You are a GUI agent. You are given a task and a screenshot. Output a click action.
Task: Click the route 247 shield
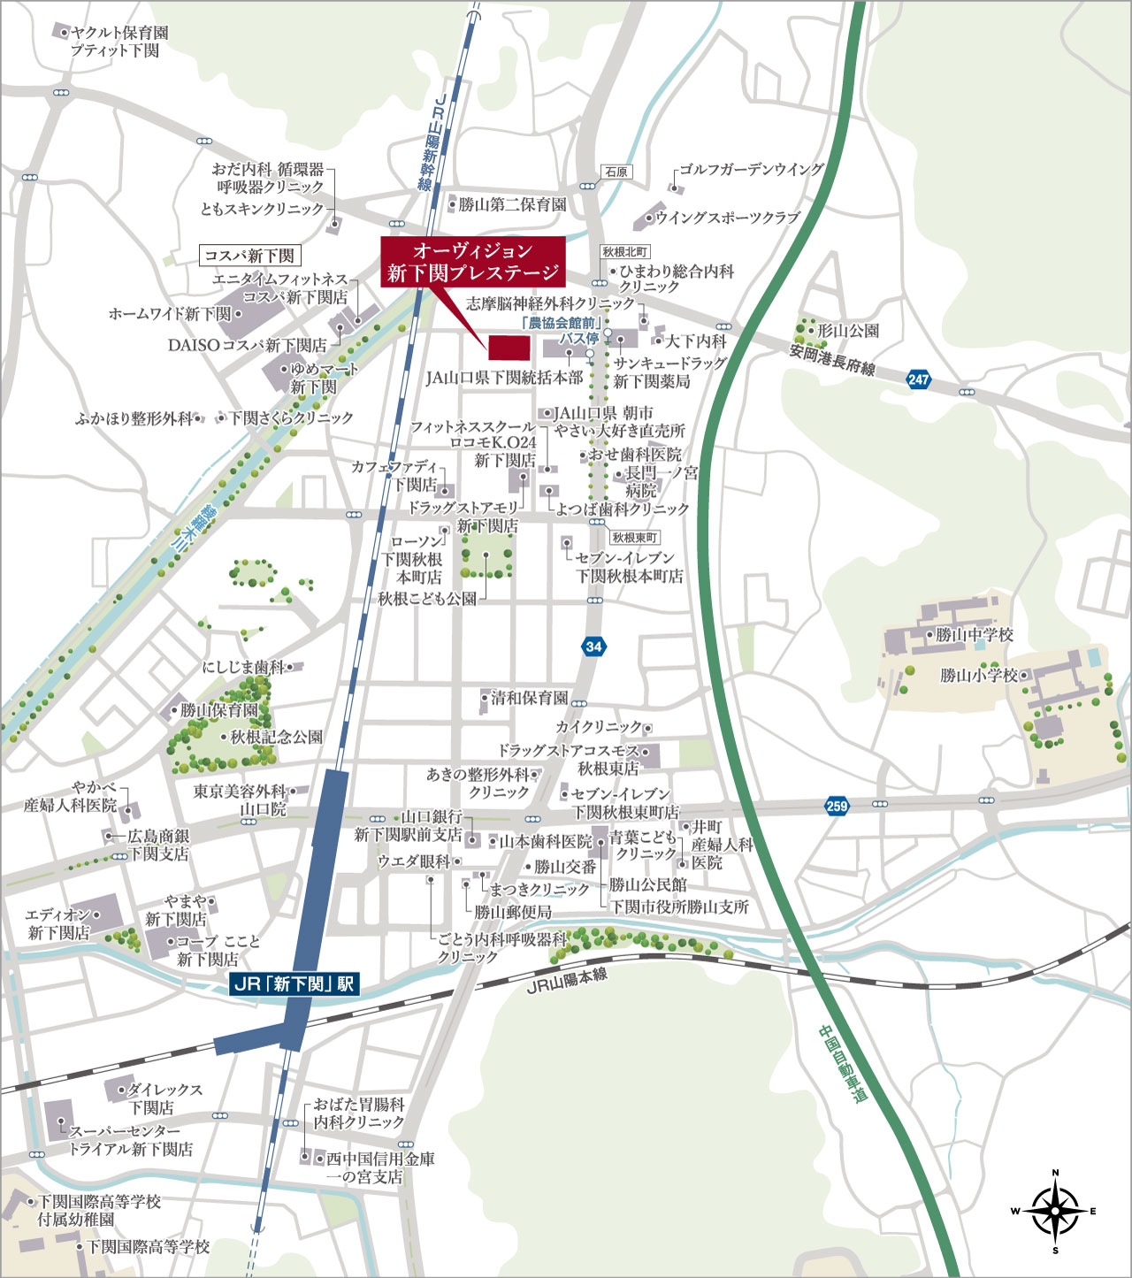pos(919,379)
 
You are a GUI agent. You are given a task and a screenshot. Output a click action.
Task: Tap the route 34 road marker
pos(593,647)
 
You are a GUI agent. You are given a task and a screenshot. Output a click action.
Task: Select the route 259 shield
pos(837,806)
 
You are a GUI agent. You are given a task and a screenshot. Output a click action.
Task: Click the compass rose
pos(1055,1211)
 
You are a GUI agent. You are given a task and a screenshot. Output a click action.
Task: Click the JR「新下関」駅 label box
pos(294,984)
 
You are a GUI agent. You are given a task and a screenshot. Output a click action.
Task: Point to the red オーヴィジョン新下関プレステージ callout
pos(473,262)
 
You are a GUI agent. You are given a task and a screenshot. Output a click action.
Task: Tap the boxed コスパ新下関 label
pos(250,256)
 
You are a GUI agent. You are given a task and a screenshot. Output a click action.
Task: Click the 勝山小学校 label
pos(979,676)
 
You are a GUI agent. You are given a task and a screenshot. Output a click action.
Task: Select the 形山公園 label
pos(847,331)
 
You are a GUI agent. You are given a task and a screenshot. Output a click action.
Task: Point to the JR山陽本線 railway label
pos(567,980)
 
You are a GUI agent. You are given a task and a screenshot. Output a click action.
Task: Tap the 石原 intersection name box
pos(616,172)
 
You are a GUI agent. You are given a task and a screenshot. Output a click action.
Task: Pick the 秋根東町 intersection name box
pos(635,538)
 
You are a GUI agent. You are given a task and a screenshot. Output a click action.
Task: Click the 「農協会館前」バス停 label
pos(562,330)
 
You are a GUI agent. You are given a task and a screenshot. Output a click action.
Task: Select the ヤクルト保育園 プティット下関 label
pos(119,42)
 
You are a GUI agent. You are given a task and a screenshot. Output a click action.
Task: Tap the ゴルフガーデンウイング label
pos(751,170)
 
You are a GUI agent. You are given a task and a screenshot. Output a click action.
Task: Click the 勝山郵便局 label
pos(513,911)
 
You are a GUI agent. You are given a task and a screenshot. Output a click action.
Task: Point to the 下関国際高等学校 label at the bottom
pos(148,1247)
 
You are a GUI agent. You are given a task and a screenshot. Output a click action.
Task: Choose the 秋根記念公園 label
pos(276,737)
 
